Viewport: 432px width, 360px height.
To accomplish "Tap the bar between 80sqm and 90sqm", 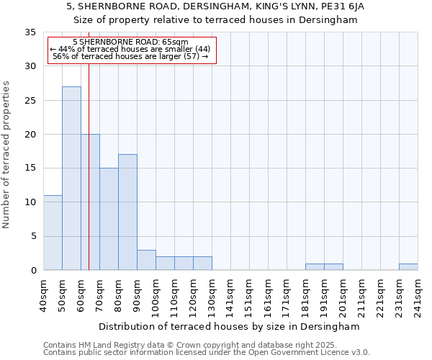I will tap(127, 212).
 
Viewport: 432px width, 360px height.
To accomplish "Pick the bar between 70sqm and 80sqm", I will tap(109, 219).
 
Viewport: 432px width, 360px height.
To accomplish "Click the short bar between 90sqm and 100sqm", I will tap(146, 260).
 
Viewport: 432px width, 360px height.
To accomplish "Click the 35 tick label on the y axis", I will tap(30, 32).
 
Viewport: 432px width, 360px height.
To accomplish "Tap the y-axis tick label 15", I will tap(30, 168).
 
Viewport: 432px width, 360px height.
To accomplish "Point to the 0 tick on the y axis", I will tap(33, 271).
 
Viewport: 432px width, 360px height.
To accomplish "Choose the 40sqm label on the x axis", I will tap(43, 296).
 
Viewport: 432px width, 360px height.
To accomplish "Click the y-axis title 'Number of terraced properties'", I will tap(7, 155).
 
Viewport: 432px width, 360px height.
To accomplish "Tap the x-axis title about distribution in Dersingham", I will tap(229, 327).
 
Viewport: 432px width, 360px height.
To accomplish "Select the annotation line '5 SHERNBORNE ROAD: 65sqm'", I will tap(130, 42).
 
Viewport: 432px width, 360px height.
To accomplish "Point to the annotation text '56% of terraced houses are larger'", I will tap(117, 56).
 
